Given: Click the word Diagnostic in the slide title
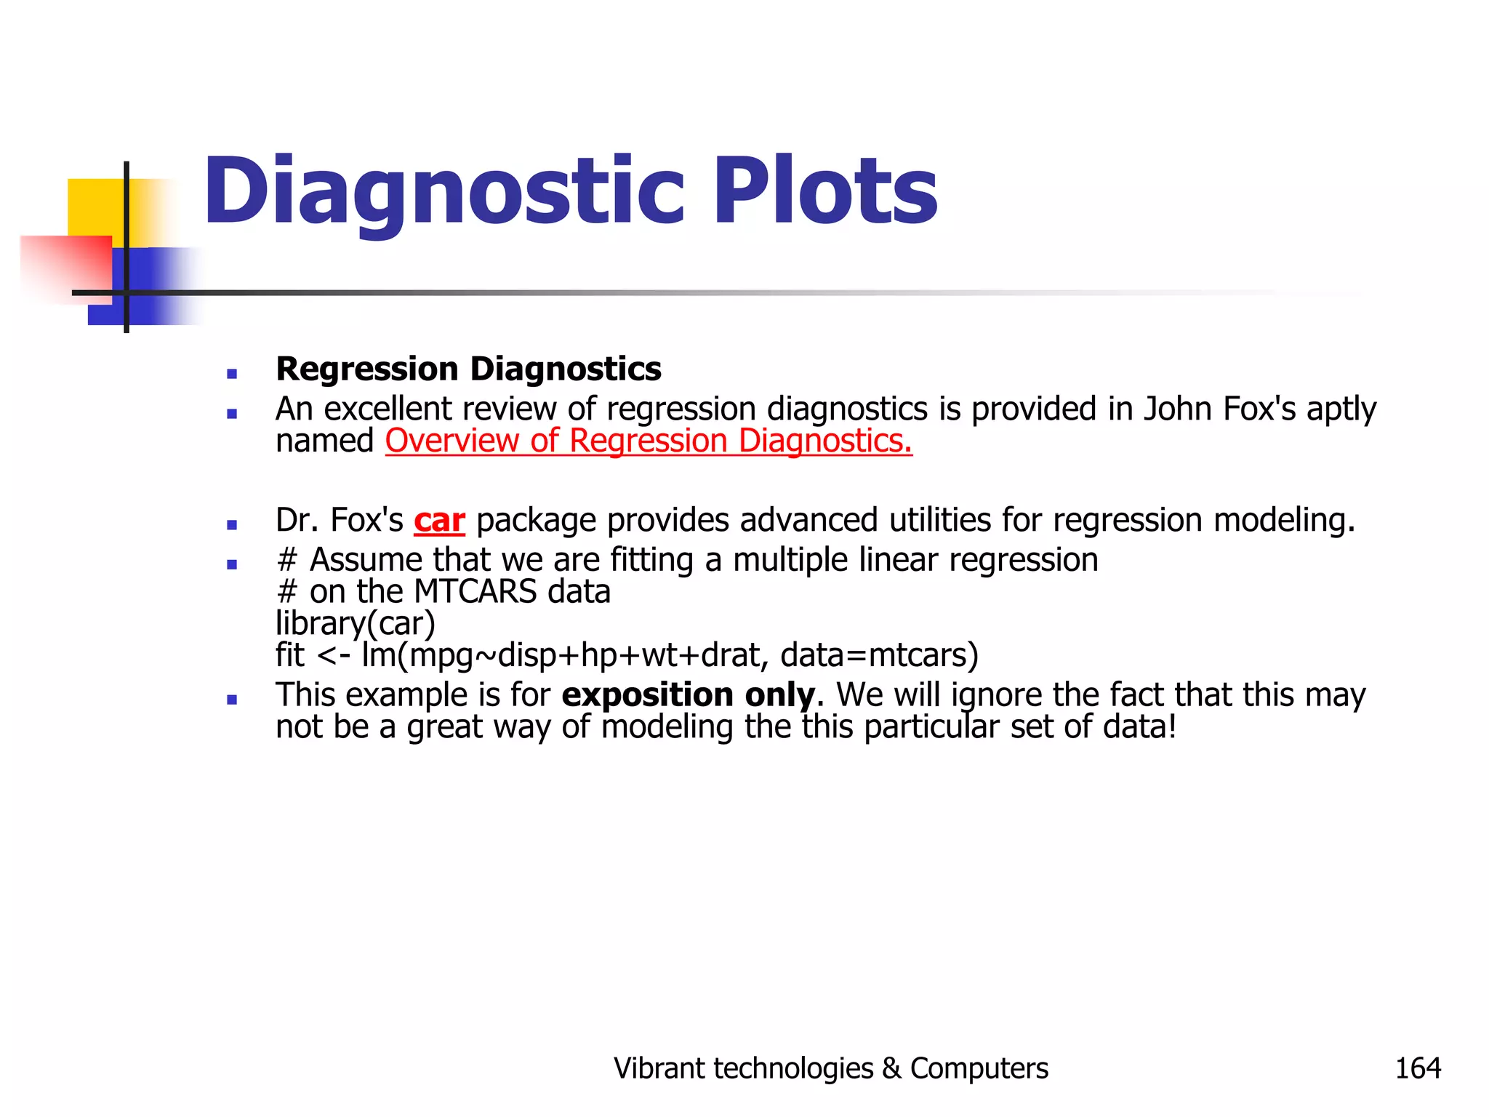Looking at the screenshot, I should [444, 191].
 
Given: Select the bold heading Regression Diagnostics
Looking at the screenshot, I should [468, 369].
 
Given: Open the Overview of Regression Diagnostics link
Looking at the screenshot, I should [648, 441].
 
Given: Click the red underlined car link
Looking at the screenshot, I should [439, 521].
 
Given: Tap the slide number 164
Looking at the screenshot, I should [1417, 1068].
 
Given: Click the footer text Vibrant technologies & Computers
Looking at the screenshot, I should [830, 1068].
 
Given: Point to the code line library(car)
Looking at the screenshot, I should [355, 623].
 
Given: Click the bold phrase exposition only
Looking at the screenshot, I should [688, 695].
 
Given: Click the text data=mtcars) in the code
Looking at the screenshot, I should [879, 655].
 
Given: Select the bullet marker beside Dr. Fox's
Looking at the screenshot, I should [232, 524].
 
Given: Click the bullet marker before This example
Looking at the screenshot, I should [232, 700].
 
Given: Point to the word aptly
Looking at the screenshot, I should [1341, 409].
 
